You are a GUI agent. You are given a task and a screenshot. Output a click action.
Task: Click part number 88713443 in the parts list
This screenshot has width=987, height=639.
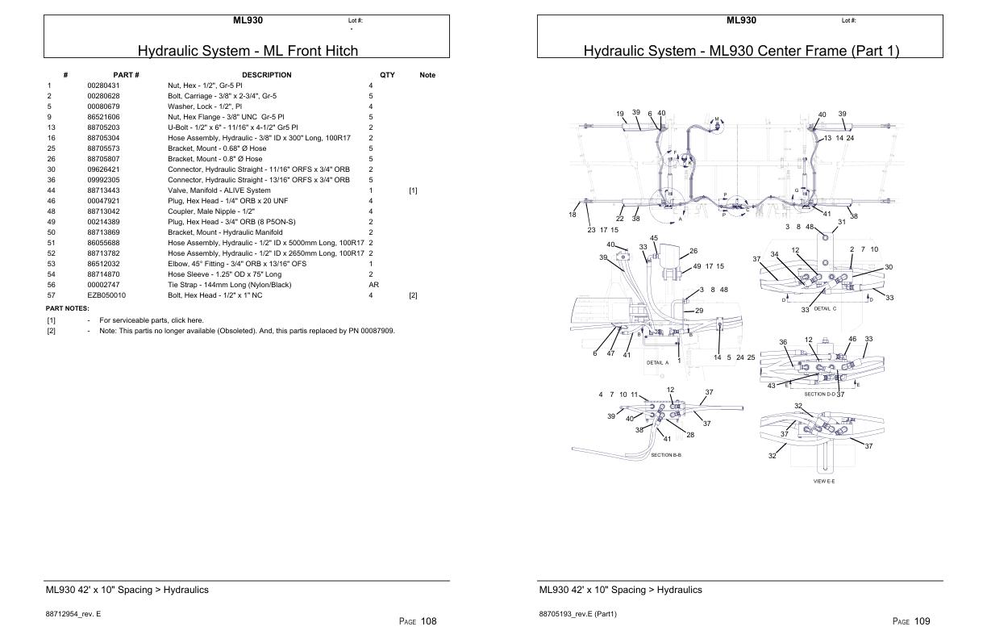[103, 190]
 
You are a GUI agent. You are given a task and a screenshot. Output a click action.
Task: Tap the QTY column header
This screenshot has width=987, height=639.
[387, 75]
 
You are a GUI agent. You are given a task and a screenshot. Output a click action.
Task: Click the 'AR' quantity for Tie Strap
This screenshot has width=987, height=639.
[373, 285]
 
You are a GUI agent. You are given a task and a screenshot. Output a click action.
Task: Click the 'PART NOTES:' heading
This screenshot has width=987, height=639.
[68, 308]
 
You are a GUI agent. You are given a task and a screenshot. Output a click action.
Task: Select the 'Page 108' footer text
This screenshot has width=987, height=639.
[418, 621]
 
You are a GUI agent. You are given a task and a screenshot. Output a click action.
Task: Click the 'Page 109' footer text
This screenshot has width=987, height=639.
[911, 621]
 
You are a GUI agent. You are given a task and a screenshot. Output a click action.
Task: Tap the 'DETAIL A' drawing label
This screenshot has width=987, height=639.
[658, 362]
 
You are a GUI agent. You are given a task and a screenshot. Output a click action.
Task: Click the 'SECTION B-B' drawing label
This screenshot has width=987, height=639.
[666, 455]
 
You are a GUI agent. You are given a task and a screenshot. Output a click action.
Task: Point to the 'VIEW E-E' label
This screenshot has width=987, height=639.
[824, 481]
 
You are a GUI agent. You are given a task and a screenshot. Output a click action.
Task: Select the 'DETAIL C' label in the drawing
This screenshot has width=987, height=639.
[825, 309]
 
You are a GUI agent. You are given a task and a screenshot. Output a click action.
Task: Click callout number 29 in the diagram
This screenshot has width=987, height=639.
[699, 311]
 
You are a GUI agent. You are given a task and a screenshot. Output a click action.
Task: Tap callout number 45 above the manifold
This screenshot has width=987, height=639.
[654, 238]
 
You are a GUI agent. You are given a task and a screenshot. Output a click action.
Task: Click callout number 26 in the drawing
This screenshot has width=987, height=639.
[693, 251]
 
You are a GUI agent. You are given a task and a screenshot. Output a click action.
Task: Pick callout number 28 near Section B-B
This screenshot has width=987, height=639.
[690, 435]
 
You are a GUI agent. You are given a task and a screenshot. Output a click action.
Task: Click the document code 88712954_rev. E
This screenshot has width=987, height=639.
[73, 615]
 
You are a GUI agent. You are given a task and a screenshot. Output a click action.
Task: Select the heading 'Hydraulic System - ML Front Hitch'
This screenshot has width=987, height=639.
[248, 51]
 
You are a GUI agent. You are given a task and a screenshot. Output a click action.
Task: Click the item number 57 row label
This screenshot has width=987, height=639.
[50, 295]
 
